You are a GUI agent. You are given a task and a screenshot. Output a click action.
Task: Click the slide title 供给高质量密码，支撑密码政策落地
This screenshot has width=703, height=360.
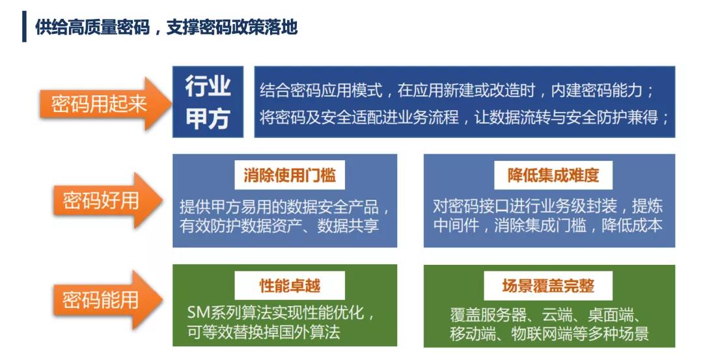click(x=167, y=27)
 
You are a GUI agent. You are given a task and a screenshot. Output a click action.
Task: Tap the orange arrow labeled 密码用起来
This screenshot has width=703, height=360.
click(x=106, y=104)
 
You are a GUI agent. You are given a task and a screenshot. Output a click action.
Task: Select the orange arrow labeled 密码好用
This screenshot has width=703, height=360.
click(x=107, y=200)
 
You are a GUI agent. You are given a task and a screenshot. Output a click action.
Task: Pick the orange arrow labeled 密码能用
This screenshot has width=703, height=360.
click(x=107, y=299)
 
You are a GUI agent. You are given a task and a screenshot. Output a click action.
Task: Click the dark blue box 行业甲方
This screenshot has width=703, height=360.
click(x=208, y=102)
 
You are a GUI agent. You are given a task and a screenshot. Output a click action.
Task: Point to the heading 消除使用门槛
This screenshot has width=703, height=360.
click(x=290, y=175)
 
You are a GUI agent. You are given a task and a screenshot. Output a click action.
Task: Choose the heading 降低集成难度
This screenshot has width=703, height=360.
click(x=553, y=175)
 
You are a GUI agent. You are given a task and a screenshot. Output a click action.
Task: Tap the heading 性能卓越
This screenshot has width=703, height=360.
click(x=290, y=286)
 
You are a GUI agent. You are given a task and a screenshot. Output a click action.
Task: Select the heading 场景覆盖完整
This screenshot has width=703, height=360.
click(x=548, y=286)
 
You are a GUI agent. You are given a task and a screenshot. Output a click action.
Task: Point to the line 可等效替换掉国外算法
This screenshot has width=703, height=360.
click(x=264, y=332)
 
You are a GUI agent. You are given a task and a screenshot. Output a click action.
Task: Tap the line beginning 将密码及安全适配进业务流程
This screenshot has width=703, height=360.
click(x=465, y=117)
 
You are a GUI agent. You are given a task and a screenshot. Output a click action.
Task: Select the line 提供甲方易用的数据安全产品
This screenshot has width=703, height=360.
click(x=285, y=206)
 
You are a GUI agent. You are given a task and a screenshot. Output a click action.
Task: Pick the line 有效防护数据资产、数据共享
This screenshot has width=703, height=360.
click(x=279, y=225)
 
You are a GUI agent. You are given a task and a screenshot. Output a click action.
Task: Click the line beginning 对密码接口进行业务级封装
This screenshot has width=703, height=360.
click(x=548, y=206)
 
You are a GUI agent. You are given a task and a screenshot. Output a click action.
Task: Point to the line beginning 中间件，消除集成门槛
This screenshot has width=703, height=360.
click(x=548, y=225)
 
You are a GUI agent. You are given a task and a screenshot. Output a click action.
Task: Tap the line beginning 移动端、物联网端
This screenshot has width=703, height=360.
click(x=549, y=333)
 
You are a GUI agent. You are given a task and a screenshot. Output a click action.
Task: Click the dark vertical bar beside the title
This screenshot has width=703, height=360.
click(x=24, y=27)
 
